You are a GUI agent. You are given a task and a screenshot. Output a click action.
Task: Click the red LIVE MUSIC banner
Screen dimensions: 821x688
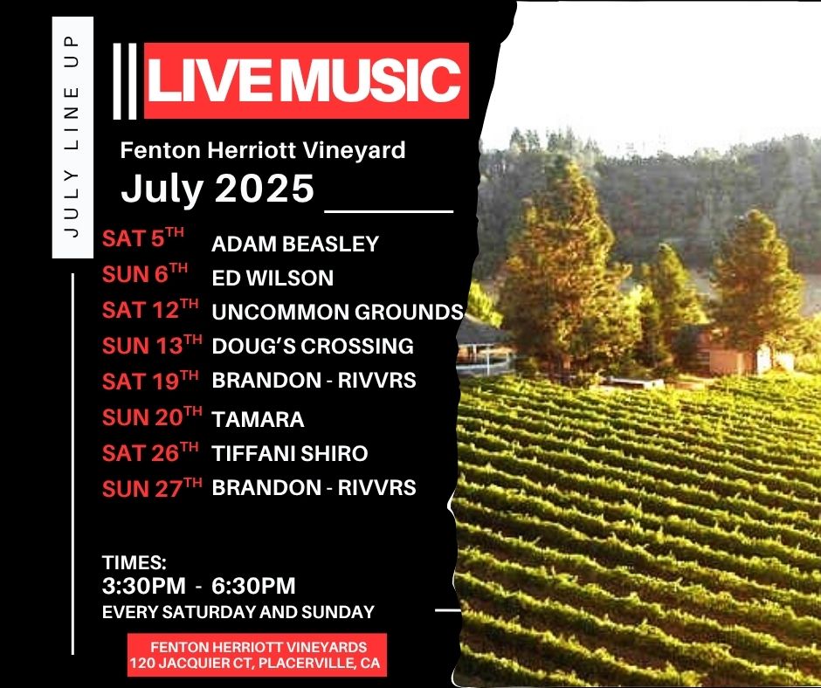306,80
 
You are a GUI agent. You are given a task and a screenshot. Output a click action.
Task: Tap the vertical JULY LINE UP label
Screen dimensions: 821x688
72,137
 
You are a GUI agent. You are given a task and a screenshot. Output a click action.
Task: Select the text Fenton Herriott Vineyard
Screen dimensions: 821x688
263,150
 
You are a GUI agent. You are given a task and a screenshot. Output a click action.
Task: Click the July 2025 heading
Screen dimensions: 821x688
217,189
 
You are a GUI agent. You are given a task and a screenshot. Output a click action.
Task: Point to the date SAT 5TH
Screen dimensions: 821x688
143,237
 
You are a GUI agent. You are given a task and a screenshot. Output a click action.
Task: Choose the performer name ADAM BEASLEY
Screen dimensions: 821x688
295,244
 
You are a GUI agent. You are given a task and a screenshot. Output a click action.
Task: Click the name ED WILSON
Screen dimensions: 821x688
273,278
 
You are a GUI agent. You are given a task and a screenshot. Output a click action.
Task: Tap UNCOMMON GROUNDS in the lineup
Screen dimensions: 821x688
338,312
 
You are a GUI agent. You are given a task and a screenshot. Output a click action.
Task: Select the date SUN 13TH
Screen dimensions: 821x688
152,345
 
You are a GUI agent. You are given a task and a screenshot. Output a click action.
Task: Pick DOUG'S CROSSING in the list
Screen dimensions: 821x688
313,346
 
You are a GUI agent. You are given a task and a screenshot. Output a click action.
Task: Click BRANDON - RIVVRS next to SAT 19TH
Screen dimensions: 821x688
314,380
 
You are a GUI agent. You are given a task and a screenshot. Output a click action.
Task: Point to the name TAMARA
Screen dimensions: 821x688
258,419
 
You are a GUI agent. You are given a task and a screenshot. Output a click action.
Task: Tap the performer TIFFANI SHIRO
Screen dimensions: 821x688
290,453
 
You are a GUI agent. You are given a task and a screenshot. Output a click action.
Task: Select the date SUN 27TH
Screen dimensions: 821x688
152,488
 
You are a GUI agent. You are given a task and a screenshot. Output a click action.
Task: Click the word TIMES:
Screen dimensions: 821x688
134,562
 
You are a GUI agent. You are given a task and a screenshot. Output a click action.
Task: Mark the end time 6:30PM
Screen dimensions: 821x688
253,586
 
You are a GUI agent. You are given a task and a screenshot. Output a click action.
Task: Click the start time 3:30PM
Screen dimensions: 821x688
144,586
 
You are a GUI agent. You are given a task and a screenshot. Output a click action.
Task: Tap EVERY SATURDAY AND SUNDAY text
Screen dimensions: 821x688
238,612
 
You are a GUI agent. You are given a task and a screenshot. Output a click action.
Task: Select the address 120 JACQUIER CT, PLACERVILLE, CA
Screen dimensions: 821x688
255,664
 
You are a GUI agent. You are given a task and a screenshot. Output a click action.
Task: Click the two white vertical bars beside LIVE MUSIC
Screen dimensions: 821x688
125,80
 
